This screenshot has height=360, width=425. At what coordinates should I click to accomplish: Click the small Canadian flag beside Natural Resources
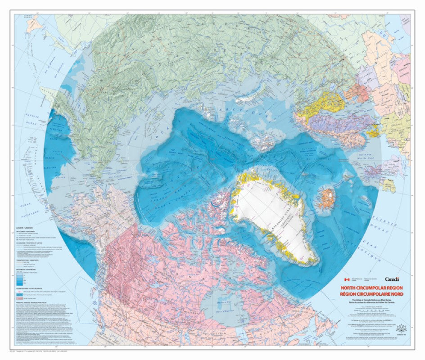pos(346,279)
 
